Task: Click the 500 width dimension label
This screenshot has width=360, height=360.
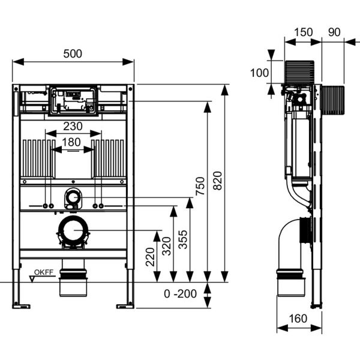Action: (73, 54)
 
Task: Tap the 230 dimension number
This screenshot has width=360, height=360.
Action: (73, 126)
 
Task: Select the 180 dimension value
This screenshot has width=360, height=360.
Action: (71, 142)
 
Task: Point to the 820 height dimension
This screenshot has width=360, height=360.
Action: (218, 181)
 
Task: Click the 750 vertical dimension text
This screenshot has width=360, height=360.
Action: (200, 186)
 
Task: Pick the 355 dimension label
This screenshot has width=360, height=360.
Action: (183, 239)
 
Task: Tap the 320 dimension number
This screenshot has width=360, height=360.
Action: (167, 246)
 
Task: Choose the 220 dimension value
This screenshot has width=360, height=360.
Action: (151, 257)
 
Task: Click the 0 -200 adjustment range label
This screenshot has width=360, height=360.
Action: (180, 293)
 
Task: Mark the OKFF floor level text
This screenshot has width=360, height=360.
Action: (44, 272)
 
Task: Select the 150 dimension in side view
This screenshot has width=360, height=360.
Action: (303, 32)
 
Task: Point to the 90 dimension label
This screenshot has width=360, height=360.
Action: (334, 32)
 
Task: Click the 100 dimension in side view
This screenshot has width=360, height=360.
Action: (259, 73)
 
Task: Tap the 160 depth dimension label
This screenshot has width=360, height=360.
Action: (298, 319)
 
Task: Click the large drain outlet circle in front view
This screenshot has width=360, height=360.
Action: (73, 230)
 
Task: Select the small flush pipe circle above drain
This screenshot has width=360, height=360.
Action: (73, 197)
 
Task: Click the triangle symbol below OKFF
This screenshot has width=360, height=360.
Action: (32, 279)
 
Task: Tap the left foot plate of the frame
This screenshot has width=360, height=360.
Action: (21, 306)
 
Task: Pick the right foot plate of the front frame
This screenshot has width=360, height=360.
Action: (125, 306)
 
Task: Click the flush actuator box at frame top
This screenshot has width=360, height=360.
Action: (73, 100)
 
